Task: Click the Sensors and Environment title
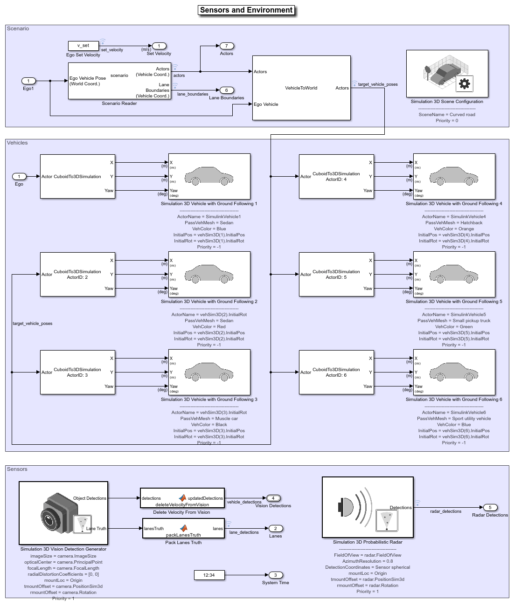(246, 10)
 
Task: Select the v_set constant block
(83, 46)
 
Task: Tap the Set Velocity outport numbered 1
(159, 46)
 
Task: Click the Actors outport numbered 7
(227, 46)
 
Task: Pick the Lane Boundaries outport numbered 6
(227, 90)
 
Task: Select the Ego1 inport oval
(28, 81)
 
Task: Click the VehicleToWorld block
(301, 88)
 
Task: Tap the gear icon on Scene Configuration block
(464, 84)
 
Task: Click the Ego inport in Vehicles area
(19, 177)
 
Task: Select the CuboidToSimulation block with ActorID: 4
(336, 176)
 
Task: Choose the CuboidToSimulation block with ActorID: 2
(77, 274)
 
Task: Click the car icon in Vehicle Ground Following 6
(454, 372)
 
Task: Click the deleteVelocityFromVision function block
(182, 498)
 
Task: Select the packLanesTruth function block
(183, 529)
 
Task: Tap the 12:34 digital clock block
(209, 575)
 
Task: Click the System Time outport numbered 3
(276, 575)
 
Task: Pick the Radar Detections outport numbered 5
(490, 508)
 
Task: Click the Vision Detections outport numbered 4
(273, 498)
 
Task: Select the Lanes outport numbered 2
(276, 529)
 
